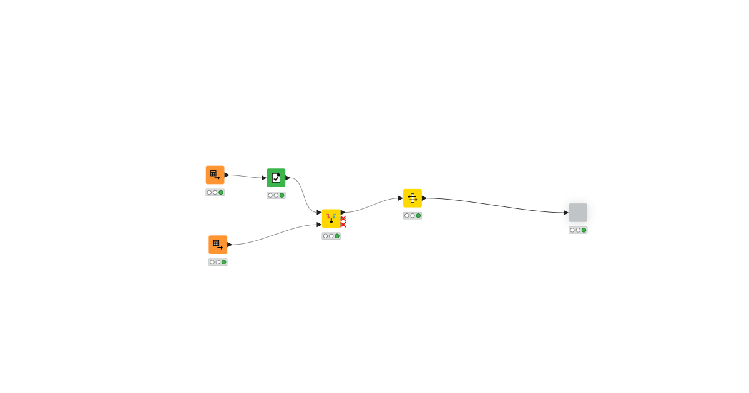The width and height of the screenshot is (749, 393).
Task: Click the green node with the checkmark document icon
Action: (276, 178)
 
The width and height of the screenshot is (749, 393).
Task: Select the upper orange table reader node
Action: (215, 175)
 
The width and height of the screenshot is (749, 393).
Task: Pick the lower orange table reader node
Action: (218, 245)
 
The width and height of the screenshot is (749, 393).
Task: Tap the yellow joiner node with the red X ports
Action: (331, 218)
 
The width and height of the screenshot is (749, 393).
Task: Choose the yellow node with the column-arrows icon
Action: (412, 198)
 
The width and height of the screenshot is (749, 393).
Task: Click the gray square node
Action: (577, 213)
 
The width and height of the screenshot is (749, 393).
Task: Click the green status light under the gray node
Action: (584, 230)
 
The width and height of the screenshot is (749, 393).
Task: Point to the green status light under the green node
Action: (282, 195)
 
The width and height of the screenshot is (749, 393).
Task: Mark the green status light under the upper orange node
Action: (221, 192)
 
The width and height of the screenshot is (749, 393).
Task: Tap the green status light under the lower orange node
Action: (224, 262)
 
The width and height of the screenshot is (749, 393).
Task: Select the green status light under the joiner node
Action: (337, 236)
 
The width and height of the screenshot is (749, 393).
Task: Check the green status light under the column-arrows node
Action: (418, 216)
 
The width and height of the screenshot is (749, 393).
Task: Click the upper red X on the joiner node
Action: (343, 218)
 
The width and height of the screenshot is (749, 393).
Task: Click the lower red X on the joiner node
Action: (343, 225)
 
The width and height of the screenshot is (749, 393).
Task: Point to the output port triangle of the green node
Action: (288, 178)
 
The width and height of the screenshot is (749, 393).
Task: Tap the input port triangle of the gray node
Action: (566, 213)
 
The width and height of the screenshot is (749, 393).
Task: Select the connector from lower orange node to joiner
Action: (275, 233)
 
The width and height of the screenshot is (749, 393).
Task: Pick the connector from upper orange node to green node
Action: (245, 177)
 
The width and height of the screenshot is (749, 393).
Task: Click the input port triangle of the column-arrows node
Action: (401, 198)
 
